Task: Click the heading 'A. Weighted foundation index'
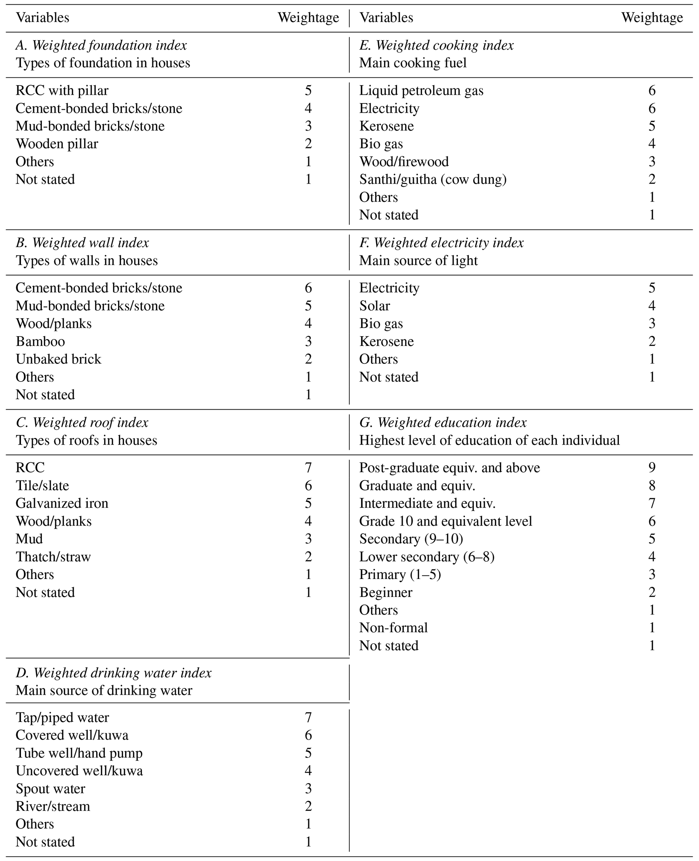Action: coord(101,45)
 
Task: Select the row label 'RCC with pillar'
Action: coord(62,90)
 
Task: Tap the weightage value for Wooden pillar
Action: coord(308,144)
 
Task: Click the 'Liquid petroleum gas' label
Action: coord(421,90)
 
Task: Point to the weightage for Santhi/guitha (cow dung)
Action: coord(652,179)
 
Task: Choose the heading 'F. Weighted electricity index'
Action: coord(441,243)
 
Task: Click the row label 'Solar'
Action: coord(374,306)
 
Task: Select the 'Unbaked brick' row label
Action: coord(59,359)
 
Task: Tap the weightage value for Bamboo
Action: coord(308,341)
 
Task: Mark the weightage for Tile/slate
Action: coord(308,486)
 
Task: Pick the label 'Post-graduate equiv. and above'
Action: coord(449,468)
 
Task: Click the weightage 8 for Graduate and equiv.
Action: coord(652,486)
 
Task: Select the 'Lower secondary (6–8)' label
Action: coord(427,557)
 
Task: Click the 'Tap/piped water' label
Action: coord(63,717)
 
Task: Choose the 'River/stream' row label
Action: coord(53,806)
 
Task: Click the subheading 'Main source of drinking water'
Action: coord(104,690)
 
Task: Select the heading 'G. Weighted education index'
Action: coord(443,422)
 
